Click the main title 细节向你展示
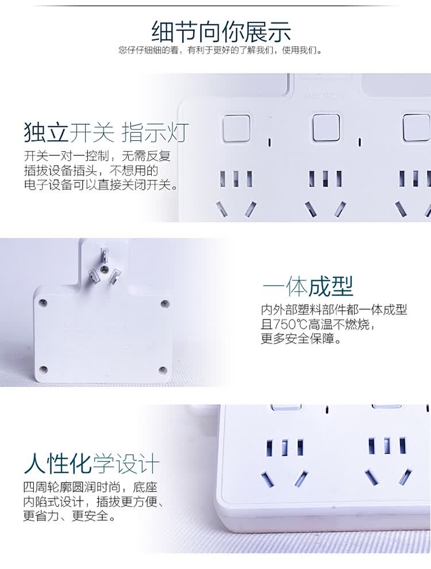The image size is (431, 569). pos(220,32)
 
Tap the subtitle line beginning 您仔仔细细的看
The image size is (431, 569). pos(220,50)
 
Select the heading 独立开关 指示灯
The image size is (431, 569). pos(106,132)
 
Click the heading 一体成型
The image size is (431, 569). pos(307,287)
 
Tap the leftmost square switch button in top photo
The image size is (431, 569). pos(236,128)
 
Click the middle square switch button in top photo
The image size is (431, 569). pos(326,128)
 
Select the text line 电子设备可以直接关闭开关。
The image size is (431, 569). pos(102,185)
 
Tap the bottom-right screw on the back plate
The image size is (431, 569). pos(163,370)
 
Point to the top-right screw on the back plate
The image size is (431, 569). pos(164,303)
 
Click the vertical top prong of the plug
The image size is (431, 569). pos(104,255)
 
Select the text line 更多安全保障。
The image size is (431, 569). pos(301,339)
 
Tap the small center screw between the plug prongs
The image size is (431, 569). pos(103,270)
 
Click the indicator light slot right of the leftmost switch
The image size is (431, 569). pos(270,141)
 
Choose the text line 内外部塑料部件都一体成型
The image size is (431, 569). pos(334,310)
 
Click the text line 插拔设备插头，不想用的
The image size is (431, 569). pos(91,171)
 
